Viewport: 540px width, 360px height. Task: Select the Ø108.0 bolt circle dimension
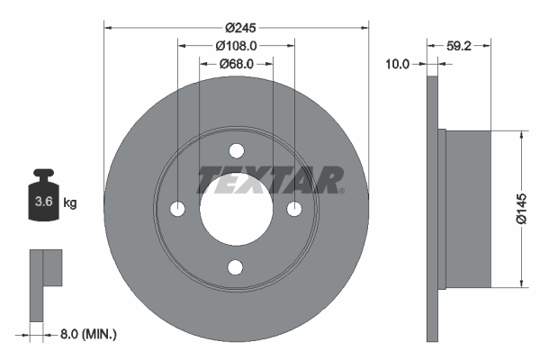[236, 44]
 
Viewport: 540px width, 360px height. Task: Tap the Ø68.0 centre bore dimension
[236, 64]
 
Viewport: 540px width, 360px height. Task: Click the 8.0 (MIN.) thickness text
[86, 335]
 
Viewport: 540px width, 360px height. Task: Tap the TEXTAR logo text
[269, 180]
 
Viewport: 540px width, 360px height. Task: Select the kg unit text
[70, 203]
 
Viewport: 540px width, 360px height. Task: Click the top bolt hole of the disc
[237, 150]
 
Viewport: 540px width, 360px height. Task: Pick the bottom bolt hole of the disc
[237, 266]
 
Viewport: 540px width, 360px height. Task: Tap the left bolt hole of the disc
[178, 209]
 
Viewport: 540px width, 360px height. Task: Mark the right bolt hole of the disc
[294, 209]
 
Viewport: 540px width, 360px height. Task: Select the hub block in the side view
[469, 209]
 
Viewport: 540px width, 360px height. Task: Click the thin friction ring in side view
[431, 209]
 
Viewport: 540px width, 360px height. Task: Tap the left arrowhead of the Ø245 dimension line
[108, 25]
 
